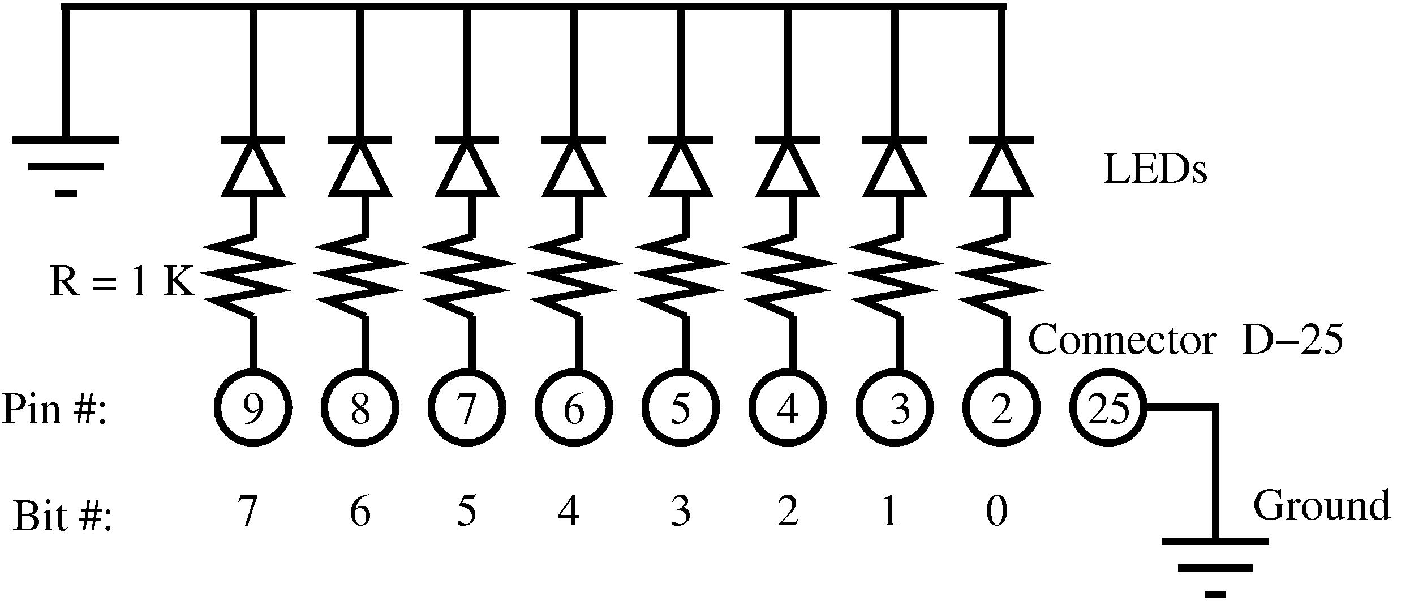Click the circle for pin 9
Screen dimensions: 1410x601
253,407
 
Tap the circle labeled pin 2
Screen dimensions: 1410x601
1001,407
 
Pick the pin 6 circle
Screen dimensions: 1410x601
574,407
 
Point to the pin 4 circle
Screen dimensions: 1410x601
788,407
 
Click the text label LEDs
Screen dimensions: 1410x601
1155,170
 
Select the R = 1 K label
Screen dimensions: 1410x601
122,281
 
